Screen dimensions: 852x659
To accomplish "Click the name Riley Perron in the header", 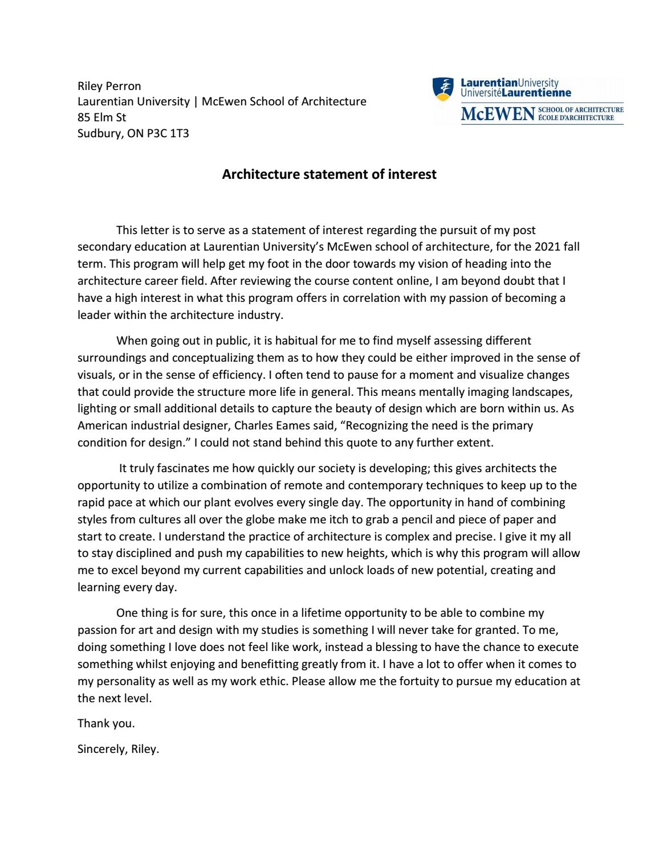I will [109, 86].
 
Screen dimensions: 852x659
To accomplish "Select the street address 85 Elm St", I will [101, 117].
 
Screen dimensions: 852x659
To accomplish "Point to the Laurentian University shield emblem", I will [442, 87].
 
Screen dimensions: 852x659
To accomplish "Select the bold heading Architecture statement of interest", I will [329, 174].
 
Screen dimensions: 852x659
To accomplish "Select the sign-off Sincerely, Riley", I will [118, 749].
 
